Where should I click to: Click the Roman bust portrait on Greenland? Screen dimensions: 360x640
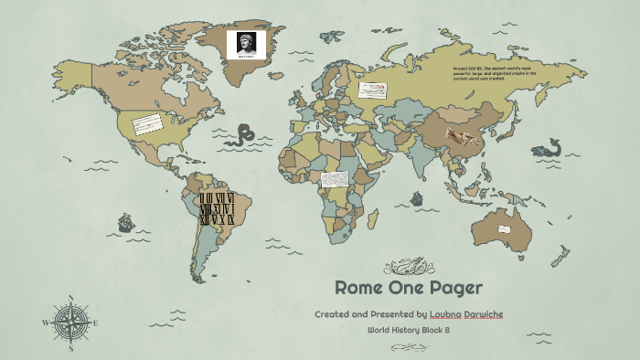click(x=246, y=41)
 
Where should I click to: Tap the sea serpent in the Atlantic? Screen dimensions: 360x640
click(x=242, y=136)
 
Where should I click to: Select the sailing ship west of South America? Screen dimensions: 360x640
click(x=124, y=222)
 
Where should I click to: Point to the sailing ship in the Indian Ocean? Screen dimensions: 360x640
click(x=417, y=197)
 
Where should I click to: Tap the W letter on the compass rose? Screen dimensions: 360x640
click(x=45, y=323)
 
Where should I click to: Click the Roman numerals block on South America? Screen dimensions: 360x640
click(x=218, y=208)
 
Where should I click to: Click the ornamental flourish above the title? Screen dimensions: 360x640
click(x=408, y=266)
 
